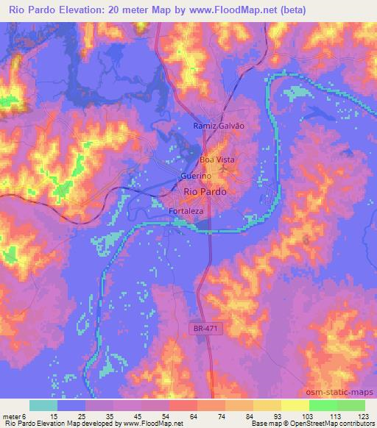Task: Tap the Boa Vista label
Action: pyautogui.click(x=216, y=159)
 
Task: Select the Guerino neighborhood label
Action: pyautogui.click(x=197, y=177)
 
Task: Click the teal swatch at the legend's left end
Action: pyautogui.click(x=43, y=405)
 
